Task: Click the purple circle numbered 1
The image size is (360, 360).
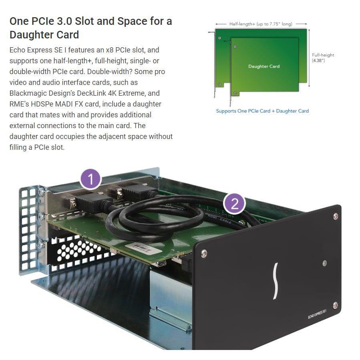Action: (x=91, y=179)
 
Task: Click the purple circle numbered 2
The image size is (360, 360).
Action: (x=234, y=203)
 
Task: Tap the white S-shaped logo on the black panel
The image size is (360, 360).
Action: (x=276, y=281)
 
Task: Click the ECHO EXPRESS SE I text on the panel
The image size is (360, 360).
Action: (x=317, y=314)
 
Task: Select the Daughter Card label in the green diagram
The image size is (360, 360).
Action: (x=264, y=66)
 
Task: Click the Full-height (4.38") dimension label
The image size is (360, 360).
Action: (x=323, y=58)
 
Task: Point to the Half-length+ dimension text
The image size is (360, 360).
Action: (x=261, y=24)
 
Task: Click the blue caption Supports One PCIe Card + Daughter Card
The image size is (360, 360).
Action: (x=262, y=111)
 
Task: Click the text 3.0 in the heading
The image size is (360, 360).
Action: (x=64, y=21)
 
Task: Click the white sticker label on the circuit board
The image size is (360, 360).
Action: (x=141, y=248)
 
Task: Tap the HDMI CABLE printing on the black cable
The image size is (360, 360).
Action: (x=219, y=219)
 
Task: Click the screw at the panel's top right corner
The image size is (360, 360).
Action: (x=335, y=216)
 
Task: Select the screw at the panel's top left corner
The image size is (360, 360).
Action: (x=204, y=253)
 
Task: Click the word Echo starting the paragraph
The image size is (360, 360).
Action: (x=18, y=50)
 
